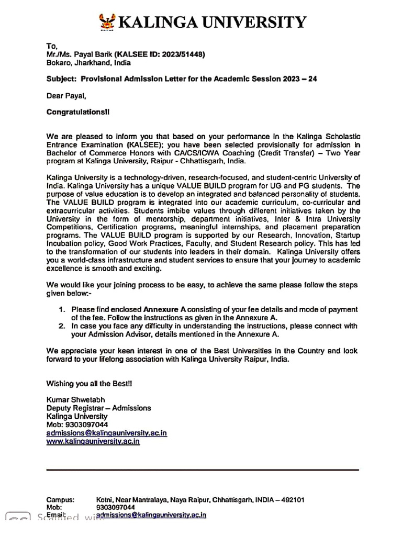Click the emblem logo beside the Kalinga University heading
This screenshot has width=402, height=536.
click(108, 21)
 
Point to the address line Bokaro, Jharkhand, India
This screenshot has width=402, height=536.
click(85, 62)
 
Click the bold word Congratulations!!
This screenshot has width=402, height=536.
click(79, 112)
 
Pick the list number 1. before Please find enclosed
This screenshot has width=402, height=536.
click(62, 310)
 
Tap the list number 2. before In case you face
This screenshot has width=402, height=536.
click(62, 326)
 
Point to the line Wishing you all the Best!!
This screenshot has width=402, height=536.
click(90, 383)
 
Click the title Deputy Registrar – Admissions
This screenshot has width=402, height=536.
click(98, 408)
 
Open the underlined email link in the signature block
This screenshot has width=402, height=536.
click(107, 433)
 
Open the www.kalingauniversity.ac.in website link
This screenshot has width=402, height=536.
click(93, 441)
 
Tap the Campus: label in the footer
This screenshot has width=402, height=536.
click(60, 499)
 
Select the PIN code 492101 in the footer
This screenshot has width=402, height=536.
click(294, 499)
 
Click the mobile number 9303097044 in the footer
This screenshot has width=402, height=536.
click(116, 507)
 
